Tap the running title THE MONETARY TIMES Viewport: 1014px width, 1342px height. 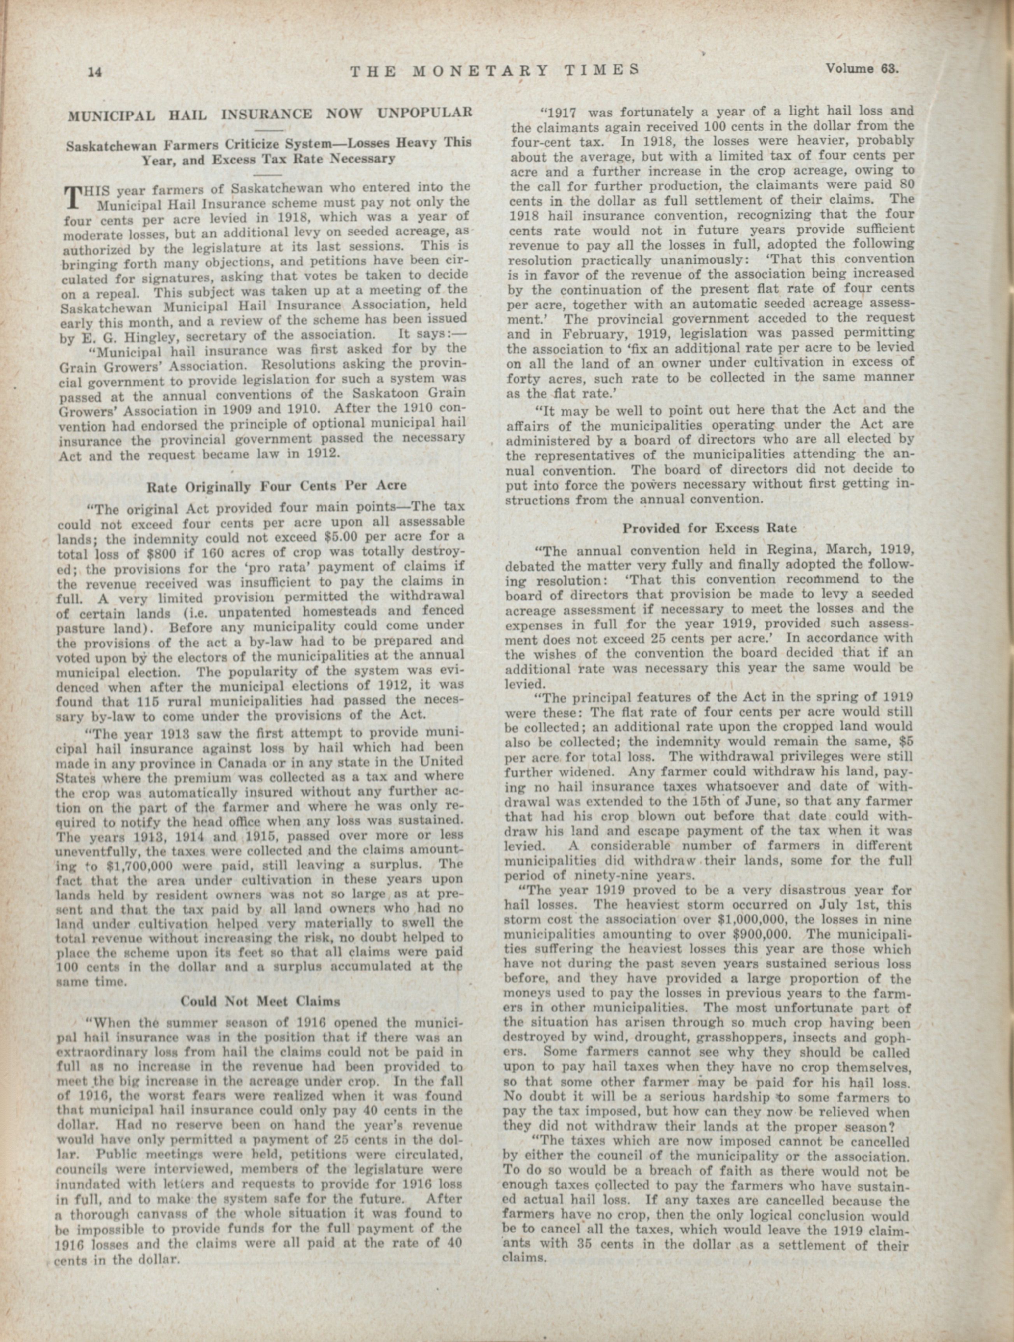click(x=495, y=70)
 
